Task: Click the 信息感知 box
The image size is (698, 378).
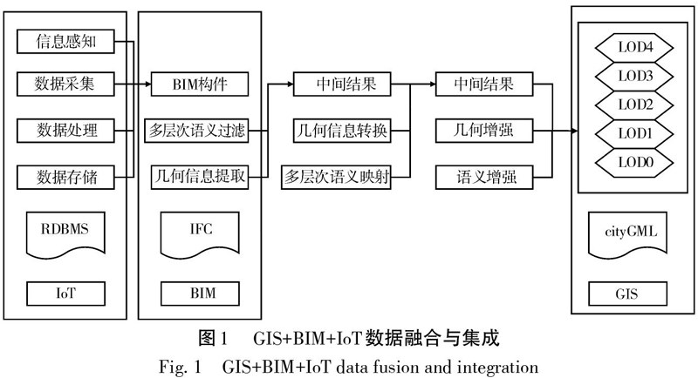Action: pyautogui.click(x=65, y=41)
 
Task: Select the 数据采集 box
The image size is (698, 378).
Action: pyautogui.click(x=65, y=85)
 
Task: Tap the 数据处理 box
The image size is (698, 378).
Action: pyautogui.click(x=65, y=132)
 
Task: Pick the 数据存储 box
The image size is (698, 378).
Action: pyautogui.click(x=65, y=177)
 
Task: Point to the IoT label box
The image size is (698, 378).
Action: pyautogui.click(x=65, y=292)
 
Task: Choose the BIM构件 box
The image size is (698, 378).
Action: pyautogui.click(x=201, y=85)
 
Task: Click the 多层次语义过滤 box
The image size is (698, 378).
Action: pyautogui.click(x=201, y=132)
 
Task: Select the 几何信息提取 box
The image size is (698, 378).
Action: pyautogui.click(x=201, y=177)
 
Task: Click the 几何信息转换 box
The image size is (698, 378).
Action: pyautogui.click(x=340, y=132)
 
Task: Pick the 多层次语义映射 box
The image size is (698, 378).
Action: pyautogui.click(x=340, y=177)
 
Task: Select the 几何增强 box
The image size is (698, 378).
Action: pyautogui.click(x=483, y=132)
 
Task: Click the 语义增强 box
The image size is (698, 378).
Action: pyautogui.click(x=483, y=177)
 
